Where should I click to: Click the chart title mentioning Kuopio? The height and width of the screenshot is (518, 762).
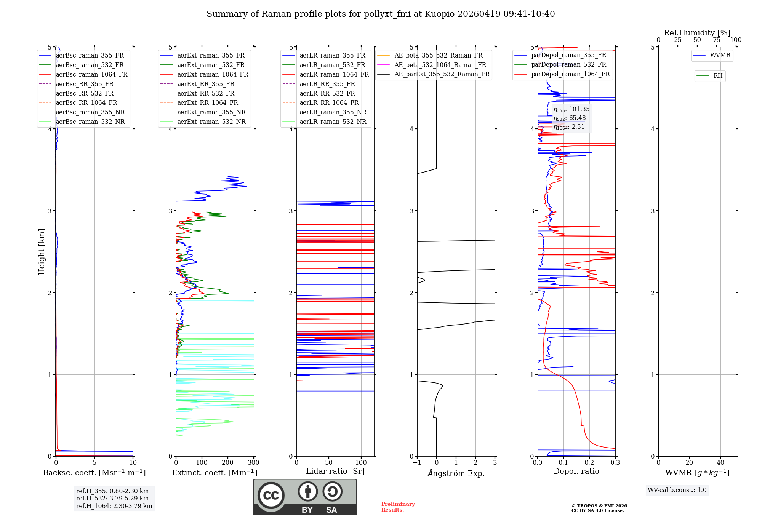381,14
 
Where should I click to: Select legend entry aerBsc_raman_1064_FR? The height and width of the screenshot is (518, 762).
91,75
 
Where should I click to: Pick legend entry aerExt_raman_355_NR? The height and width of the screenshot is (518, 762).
211,112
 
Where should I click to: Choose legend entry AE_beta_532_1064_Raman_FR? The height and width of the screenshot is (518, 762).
440,65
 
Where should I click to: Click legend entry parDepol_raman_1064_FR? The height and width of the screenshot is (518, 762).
570,74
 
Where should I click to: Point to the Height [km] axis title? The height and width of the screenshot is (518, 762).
42,252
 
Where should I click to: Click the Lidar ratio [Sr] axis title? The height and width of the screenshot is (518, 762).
335,472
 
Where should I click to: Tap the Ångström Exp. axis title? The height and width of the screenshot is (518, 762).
456,473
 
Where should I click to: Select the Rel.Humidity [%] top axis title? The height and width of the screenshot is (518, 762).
697,33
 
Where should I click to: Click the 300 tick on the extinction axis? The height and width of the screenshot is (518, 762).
253,463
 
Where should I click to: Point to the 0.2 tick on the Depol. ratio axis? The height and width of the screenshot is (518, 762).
589,463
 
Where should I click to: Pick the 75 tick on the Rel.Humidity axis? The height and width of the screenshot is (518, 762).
716,40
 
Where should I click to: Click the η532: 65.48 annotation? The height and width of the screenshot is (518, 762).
570,118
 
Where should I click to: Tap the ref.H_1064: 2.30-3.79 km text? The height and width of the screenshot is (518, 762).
114,506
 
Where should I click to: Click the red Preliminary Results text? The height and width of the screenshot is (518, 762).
398,507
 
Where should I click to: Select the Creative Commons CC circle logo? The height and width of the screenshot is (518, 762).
271,496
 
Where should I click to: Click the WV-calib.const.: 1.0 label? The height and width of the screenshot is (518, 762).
677,490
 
